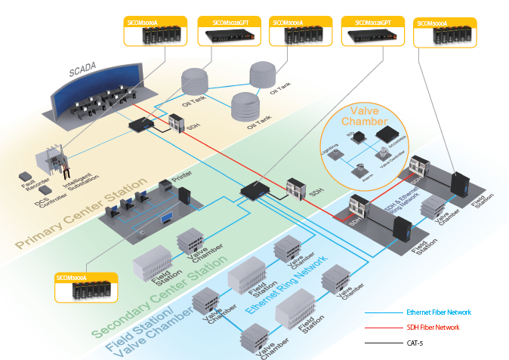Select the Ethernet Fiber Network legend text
pyautogui.click(x=438, y=312)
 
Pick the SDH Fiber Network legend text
pyautogui.click(x=433, y=328)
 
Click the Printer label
pyautogui.click(x=181, y=178)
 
